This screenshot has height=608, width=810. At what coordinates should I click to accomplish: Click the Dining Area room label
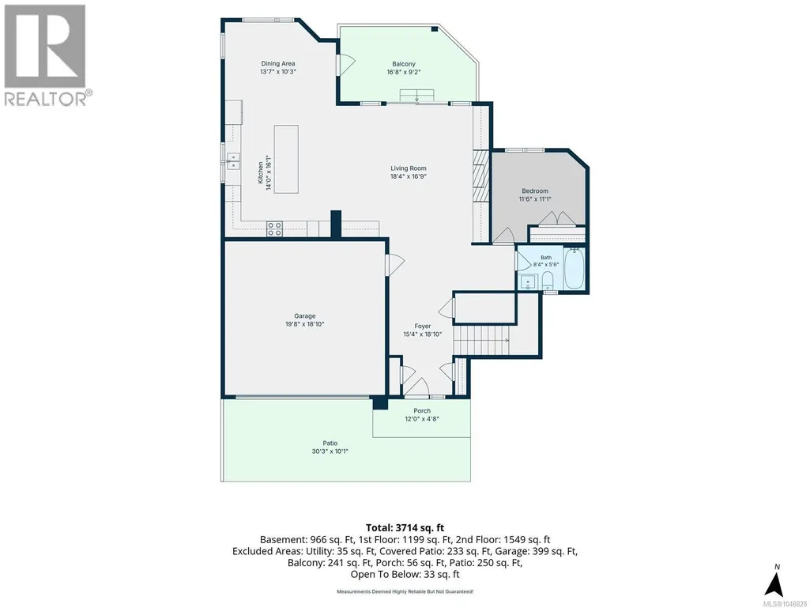[278, 63]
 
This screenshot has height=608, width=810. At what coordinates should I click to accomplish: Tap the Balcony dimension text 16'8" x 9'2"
[404, 72]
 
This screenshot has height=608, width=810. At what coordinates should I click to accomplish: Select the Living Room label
[408, 168]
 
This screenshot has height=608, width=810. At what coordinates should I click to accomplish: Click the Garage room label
[305, 316]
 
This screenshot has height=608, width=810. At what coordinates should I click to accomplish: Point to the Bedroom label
[535, 191]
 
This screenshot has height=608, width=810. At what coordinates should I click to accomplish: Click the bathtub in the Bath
[574, 268]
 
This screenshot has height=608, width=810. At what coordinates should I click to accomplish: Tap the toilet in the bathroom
[547, 281]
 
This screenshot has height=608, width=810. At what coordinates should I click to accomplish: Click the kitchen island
[286, 159]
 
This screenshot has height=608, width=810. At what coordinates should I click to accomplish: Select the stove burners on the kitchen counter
[274, 229]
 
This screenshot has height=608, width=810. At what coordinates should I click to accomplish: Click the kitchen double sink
[233, 161]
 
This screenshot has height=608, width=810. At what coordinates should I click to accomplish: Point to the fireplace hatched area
[480, 176]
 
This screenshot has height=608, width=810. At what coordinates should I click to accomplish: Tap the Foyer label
[423, 327]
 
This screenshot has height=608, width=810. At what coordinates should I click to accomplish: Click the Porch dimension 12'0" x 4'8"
[422, 419]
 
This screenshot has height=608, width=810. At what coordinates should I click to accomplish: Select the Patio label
[330, 443]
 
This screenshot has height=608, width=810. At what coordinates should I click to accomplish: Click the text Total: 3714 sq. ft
[405, 528]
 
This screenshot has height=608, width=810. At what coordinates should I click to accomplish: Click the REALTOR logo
[46, 55]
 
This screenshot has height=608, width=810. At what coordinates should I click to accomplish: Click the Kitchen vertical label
[261, 172]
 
